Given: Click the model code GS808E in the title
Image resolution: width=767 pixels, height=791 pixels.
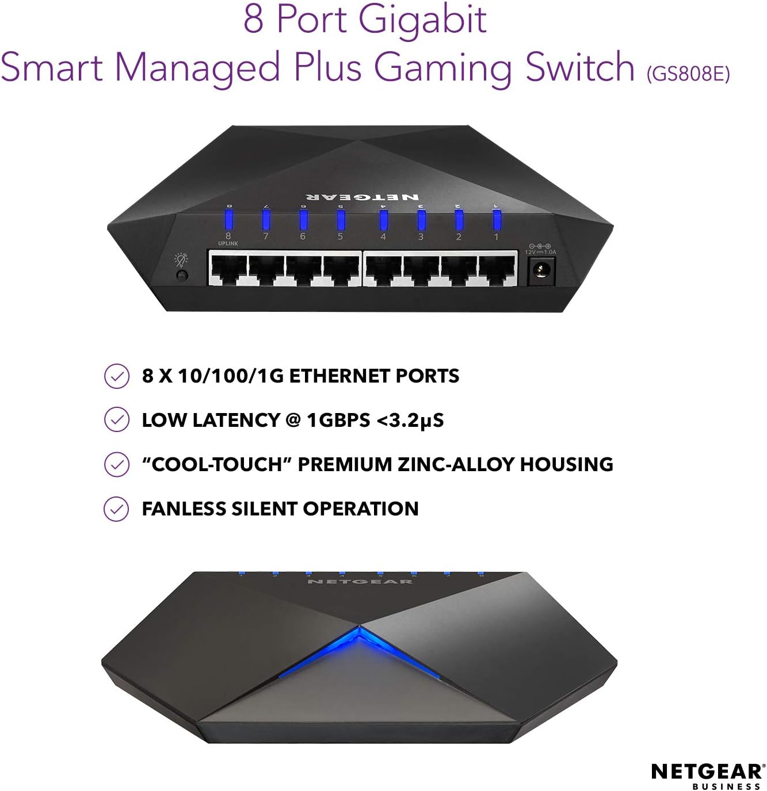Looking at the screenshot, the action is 688,74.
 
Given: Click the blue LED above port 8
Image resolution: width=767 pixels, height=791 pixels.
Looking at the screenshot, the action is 228,219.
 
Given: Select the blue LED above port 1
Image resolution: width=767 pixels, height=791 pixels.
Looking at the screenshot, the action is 497,220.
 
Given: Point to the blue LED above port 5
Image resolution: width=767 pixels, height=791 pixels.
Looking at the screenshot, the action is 341,219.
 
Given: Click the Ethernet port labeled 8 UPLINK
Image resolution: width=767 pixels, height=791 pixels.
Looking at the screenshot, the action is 228,270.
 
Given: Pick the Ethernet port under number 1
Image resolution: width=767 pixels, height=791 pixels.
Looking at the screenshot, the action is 497,270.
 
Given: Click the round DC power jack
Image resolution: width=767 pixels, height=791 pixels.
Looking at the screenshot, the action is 541,269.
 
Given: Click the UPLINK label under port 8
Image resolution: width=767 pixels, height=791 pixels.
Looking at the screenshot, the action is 228,243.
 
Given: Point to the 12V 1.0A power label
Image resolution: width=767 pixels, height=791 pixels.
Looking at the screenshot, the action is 540,252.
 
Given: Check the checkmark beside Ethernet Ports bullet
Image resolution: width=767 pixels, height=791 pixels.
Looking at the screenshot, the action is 116,376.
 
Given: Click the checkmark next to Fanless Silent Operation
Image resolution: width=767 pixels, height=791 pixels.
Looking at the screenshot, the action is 116,509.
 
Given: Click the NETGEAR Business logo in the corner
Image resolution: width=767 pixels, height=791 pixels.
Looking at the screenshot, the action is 707,776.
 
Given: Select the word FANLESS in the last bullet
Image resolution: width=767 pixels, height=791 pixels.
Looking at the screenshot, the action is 184,509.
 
